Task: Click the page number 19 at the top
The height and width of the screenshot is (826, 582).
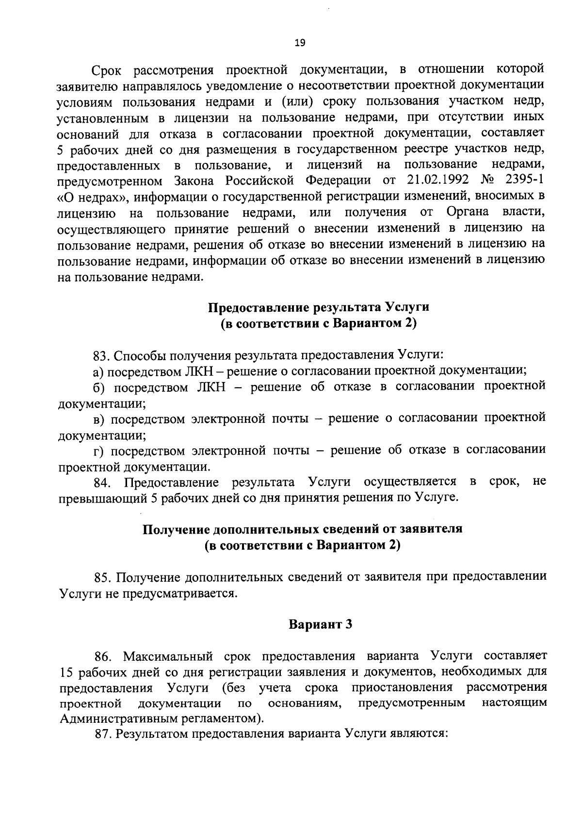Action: (x=300, y=43)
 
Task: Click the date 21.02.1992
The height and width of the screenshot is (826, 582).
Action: (x=435, y=180)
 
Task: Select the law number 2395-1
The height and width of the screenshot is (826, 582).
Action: (x=524, y=180)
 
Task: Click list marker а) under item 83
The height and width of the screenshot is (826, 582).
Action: (x=98, y=371)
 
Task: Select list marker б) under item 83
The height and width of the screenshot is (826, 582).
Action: (x=99, y=387)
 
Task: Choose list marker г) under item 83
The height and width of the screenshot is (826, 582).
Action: (x=98, y=451)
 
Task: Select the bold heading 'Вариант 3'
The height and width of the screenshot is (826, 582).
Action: (x=320, y=625)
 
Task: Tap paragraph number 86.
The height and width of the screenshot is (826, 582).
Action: (x=103, y=657)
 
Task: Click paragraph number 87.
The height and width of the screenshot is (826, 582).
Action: (x=103, y=734)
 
